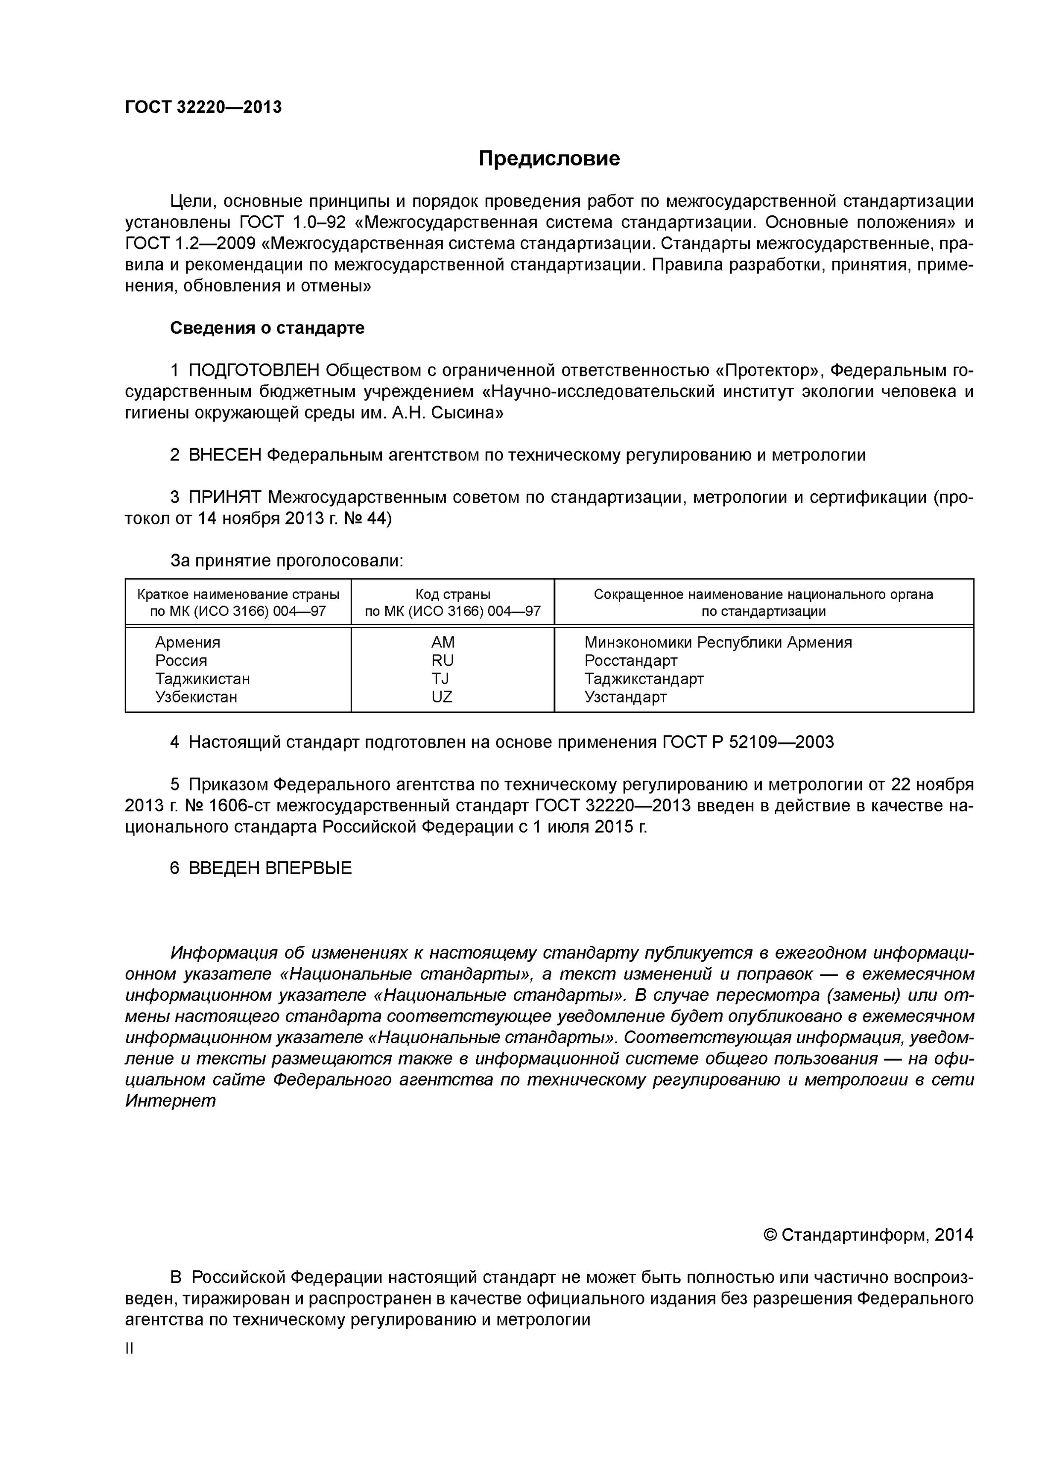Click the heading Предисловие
tap(549, 158)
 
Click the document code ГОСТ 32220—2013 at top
tap(203, 107)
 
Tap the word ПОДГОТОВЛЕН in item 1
tap(254, 371)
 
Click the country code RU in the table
tap(443, 660)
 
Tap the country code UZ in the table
tap(442, 697)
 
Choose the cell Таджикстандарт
tap(644, 679)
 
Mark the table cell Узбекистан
tap(196, 697)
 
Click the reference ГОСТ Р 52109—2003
tap(748, 742)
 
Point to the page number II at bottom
tap(129, 1349)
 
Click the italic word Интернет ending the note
tap(170, 1101)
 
